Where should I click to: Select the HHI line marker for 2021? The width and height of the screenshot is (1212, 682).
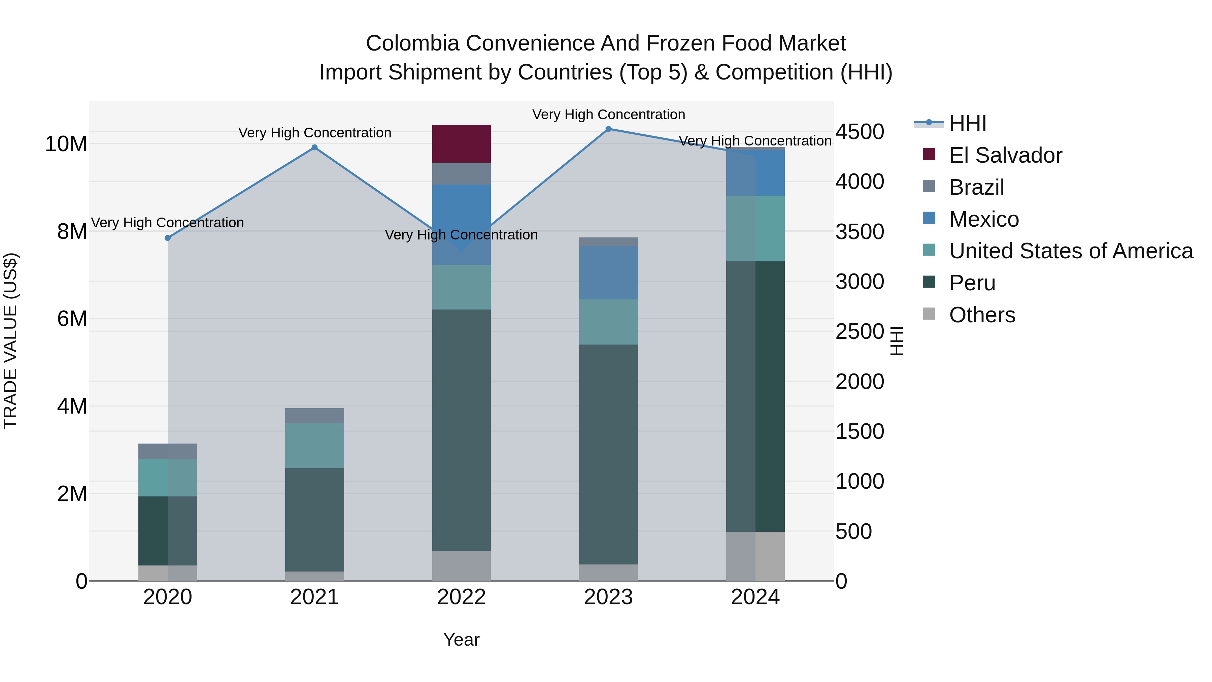tap(315, 148)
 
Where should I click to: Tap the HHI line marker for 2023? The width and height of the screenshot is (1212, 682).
tap(608, 129)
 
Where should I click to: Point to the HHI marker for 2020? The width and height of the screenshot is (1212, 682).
tap(168, 238)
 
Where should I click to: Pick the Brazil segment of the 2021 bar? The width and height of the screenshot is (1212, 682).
tap(315, 416)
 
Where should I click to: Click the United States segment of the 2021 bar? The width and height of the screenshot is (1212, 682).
tap(315, 445)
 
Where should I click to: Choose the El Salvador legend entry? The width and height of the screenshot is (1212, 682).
tap(1005, 155)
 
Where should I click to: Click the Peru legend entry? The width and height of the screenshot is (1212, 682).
tap(972, 283)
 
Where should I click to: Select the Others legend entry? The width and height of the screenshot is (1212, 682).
tap(982, 315)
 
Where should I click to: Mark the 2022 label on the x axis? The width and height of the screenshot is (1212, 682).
tap(461, 597)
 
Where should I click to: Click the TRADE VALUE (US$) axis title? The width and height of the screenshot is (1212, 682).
tap(10, 341)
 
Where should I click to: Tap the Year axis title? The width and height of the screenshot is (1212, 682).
tap(461, 640)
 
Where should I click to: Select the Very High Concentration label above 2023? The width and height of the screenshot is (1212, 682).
tap(608, 115)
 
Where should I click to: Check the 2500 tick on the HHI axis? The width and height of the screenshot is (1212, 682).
tap(860, 331)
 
